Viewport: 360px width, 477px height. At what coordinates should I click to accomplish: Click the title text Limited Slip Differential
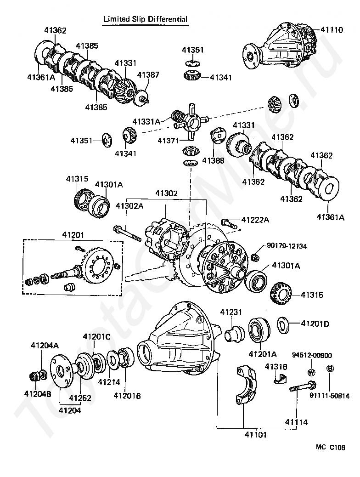coord(146,19)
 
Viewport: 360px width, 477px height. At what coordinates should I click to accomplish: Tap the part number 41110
coord(332,29)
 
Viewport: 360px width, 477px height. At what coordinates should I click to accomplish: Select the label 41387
coord(148,74)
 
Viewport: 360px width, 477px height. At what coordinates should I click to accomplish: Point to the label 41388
coord(213,160)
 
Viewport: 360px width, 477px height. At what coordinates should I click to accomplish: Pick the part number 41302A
coord(129,206)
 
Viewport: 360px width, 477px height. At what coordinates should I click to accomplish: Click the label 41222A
coord(255,219)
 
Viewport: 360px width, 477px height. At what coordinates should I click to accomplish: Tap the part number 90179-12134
coord(287,246)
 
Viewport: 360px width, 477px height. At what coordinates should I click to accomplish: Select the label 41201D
coord(315,324)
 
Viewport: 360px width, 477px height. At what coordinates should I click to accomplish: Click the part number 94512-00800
coord(312,355)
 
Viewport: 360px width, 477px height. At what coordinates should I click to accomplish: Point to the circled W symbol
coord(312,372)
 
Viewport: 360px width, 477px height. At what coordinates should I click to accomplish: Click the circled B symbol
coord(330,369)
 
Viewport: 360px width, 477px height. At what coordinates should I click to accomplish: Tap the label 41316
coord(276,367)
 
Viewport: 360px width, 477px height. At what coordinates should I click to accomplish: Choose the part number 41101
coord(256,435)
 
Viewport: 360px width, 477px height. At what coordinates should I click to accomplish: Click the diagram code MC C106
coord(331,447)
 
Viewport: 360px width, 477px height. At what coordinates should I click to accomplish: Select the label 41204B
coord(38,394)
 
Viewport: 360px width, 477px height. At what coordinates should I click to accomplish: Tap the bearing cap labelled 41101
coord(246,386)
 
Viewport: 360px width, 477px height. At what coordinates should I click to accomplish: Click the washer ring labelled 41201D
coord(283,324)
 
